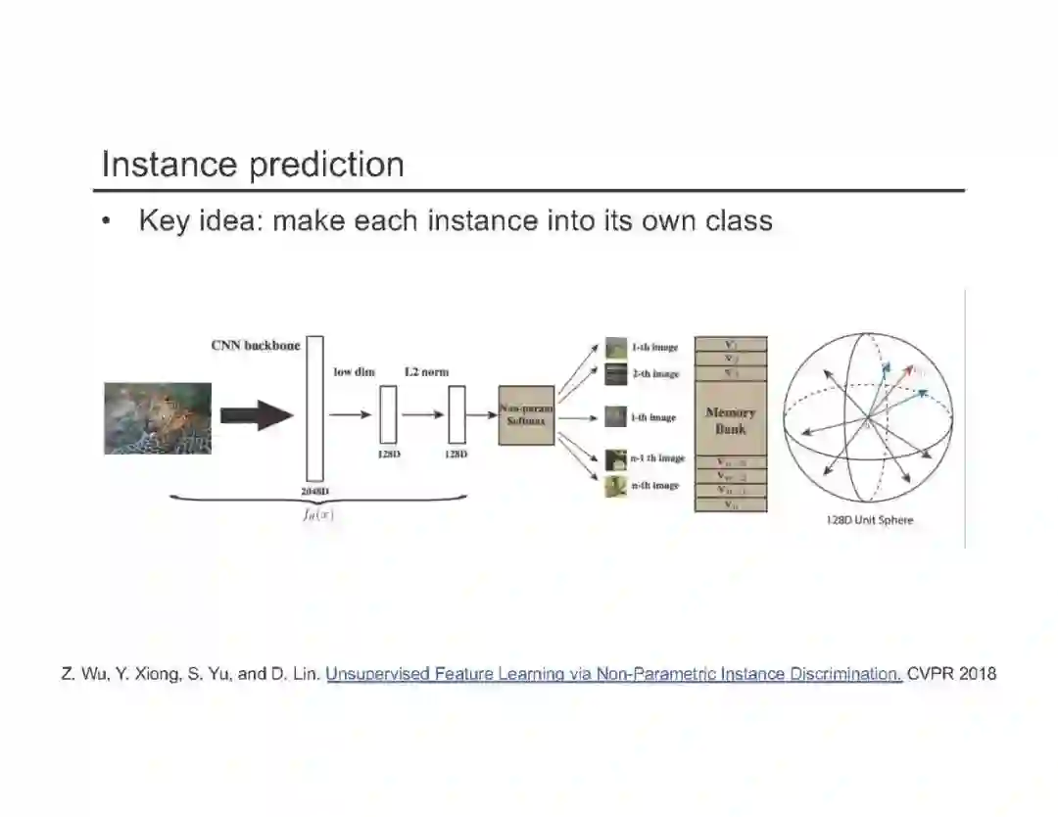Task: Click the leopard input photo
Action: point(158,417)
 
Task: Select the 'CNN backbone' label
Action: point(256,345)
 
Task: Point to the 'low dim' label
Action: point(354,372)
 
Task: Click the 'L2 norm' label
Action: point(426,372)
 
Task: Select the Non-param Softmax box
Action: point(526,415)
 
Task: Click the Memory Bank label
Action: point(731,420)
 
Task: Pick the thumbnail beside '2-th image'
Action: point(615,373)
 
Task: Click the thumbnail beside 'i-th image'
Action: point(615,416)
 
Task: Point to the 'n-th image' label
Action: point(655,486)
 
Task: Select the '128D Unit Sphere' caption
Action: point(869,520)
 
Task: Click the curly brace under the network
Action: point(318,501)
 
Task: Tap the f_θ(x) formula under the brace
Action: point(317,515)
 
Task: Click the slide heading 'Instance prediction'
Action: point(253,164)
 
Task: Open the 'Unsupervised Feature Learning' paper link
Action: point(614,674)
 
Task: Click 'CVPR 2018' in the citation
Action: point(952,674)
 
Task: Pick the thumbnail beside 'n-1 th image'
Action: point(615,457)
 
